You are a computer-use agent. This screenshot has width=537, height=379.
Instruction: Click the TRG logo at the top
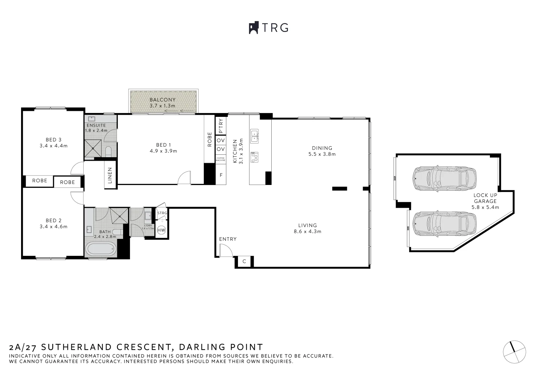[x=268, y=28]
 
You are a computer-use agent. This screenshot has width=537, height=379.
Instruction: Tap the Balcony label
[x=162, y=100]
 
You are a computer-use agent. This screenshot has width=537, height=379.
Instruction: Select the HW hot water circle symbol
[x=161, y=230]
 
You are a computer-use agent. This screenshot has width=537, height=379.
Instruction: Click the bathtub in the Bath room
[x=101, y=249]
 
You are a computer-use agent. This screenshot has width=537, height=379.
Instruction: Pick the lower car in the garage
[x=444, y=224]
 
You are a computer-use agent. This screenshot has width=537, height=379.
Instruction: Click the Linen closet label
[x=110, y=175]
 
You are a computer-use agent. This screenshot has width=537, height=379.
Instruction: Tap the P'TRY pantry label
[x=221, y=126]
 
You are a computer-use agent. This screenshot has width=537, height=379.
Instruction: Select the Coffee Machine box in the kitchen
[x=220, y=159]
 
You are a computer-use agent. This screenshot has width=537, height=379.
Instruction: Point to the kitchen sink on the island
[x=254, y=137]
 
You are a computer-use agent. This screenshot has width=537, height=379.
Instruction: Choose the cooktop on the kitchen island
[x=254, y=157]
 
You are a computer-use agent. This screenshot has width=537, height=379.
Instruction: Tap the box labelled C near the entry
[x=244, y=261]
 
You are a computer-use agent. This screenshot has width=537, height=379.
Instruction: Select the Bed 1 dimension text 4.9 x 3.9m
[x=163, y=151]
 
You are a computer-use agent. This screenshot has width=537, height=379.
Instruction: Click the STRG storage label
[x=162, y=213]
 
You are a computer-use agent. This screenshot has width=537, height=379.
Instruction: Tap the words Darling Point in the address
[x=221, y=347]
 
